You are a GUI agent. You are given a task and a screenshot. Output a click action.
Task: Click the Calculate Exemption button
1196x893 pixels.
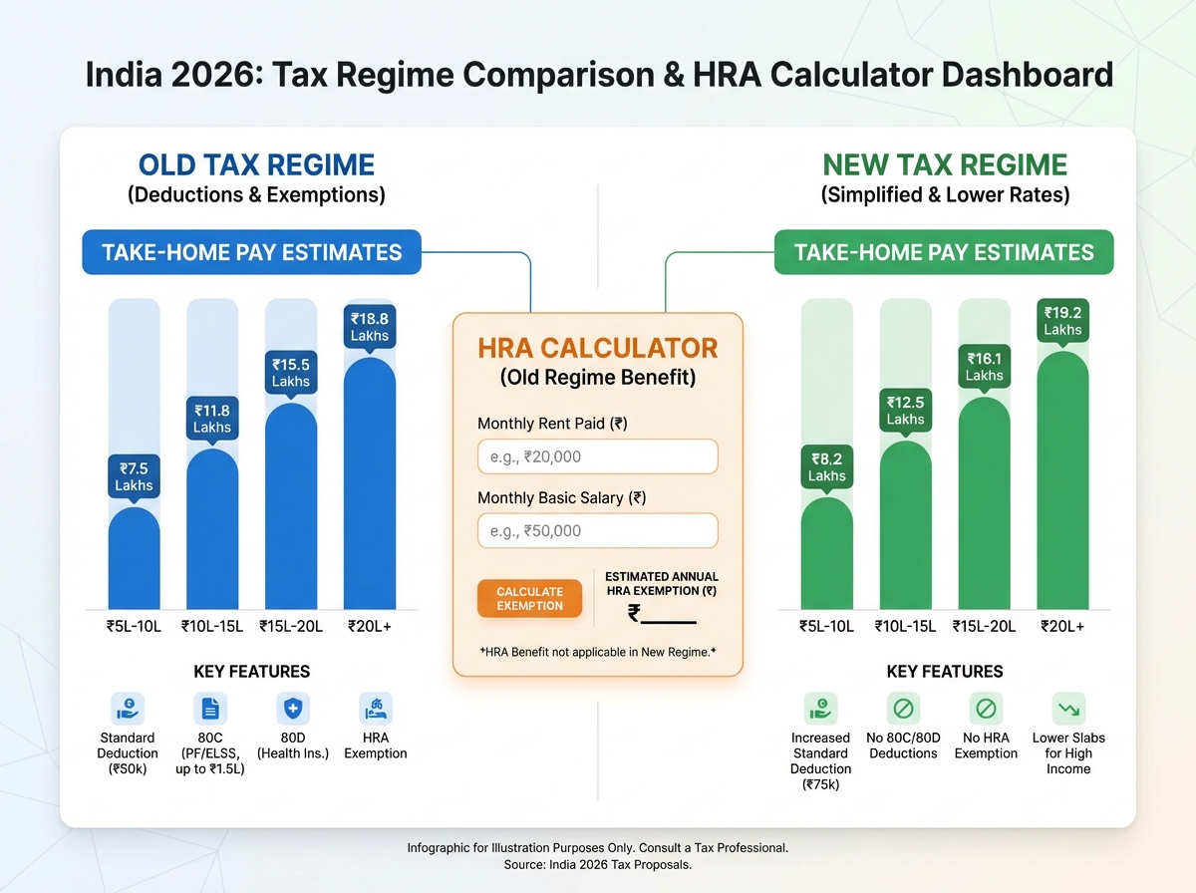tap(529, 598)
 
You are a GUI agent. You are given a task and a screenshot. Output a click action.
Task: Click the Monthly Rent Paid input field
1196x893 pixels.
tap(598, 456)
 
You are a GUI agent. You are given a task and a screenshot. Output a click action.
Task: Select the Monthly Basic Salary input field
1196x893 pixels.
tap(598, 531)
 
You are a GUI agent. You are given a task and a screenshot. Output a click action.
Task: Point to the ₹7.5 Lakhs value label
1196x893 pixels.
tap(134, 476)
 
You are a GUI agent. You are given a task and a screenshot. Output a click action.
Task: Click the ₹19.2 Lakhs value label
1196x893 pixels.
tap(1062, 320)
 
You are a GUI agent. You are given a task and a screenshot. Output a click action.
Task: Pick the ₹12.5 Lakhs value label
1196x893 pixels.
tap(905, 410)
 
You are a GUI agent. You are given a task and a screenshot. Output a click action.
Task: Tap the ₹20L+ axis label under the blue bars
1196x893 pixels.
tap(369, 627)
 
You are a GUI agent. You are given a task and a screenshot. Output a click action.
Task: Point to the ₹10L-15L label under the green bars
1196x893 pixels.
tap(905, 627)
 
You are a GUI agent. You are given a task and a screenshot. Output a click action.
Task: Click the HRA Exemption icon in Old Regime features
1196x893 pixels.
tap(375, 709)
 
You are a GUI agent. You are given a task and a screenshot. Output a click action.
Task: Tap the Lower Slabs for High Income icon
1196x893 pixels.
tap(1068, 709)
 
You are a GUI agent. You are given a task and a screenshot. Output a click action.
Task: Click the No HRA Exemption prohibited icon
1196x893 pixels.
tap(986, 709)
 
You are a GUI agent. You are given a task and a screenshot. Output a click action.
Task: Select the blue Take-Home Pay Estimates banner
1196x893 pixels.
tap(251, 252)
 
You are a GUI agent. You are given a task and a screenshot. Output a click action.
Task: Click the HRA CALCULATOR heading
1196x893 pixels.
tap(598, 348)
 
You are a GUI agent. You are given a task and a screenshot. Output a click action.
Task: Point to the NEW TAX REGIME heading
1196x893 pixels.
tap(945, 164)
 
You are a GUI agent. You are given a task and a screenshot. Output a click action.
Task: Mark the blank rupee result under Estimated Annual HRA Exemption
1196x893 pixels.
tap(662, 615)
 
